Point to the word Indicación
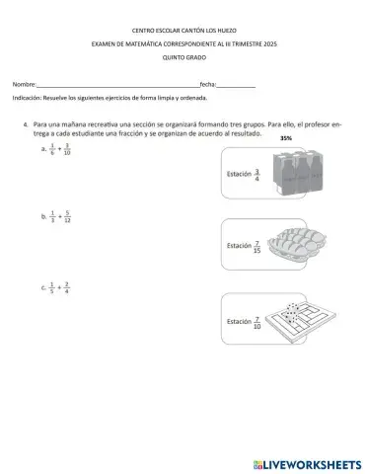[x=27, y=99]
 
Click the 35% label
[x=287, y=139]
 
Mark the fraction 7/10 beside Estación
[x=257, y=321]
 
